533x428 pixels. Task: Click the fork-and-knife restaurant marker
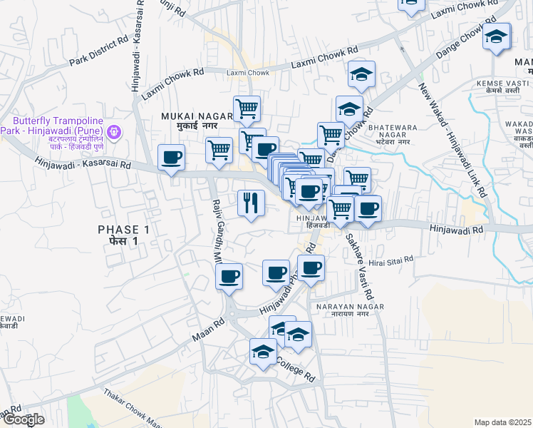(250, 203)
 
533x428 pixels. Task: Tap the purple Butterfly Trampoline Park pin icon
(113, 132)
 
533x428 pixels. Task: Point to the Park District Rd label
(100, 49)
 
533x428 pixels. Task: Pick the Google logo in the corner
(24, 419)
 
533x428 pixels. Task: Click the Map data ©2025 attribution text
(502, 422)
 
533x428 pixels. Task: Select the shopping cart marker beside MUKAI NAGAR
(247, 108)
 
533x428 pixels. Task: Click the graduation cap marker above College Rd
(263, 352)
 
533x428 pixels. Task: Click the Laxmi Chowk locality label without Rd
(247, 73)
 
